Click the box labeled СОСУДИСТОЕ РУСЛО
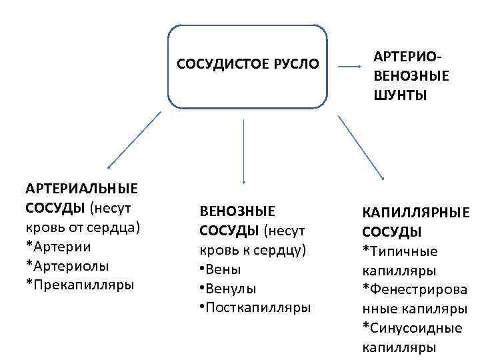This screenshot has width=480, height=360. (x=247, y=66)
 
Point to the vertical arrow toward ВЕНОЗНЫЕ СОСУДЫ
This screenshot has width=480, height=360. (x=244, y=151)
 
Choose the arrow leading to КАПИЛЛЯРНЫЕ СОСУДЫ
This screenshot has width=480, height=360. (x=361, y=148)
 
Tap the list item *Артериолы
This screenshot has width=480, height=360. (x=67, y=266)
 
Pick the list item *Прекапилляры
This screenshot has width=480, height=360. (x=79, y=285)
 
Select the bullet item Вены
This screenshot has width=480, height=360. (x=220, y=269)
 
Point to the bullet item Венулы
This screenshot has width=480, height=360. (x=227, y=289)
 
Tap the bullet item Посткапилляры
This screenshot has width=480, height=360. (x=255, y=307)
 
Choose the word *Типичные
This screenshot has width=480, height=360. (x=400, y=251)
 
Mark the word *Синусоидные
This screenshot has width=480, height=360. (x=412, y=328)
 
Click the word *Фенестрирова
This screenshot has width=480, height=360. (x=414, y=290)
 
